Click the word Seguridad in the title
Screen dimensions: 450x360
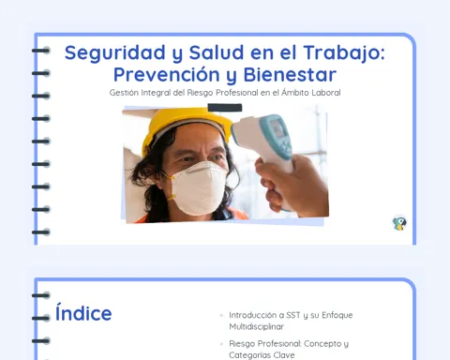pyautogui.click(x=114, y=52)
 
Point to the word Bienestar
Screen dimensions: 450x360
pyautogui.click(x=290, y=75)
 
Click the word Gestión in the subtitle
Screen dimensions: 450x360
pyautogui.click(x=124, y=93)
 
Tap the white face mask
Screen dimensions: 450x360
pyautogui.click(x=199, y=187)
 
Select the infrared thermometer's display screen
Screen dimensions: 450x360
pyautogui.click(x=278, y=128)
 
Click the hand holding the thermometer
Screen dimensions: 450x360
pyautogui.click(x=291, y=186)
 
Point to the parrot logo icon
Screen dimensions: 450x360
pyautogui.click(x=399, y=223)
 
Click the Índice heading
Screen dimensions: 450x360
pyautogui.click(x=83, y=313)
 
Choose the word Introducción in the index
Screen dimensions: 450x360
pyautogui.click(x=253, y=315)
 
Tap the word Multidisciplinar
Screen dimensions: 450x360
pyautogui.click(x=256, y=326)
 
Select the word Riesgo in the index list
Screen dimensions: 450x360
pyautogui.click(x=242, y=344)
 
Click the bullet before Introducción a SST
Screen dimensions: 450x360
pyautogui.click(x=221, y=315)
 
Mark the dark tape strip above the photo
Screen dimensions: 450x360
pyautogui.click(x=225, y=108)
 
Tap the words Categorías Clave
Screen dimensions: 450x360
pyautogui.click(x=262, y=355)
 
